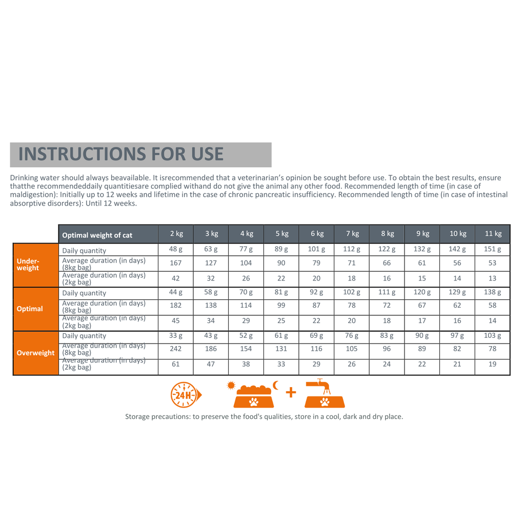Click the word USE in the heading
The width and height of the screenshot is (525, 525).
pos(204,154)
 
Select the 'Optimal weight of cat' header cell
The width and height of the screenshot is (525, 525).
pos(97,235)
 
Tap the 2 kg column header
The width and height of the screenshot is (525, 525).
pos(176,234)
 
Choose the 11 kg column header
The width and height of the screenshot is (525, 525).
pos(493,234)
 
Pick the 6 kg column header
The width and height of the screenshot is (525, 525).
pos(316,234)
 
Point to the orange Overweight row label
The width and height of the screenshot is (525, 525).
pos(35,353)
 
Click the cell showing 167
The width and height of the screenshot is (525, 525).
pos(176,264)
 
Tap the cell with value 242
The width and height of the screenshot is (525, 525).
pos(176,349)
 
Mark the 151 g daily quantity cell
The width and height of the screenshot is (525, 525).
pos(493,250)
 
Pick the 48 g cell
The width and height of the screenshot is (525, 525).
pos(176,250)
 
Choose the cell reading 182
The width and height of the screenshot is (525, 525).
pos(176,306)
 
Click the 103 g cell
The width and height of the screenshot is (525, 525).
pos(493,336)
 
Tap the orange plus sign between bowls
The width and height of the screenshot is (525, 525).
pos(291,393)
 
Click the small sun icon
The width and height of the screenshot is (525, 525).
pos(231,385)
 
